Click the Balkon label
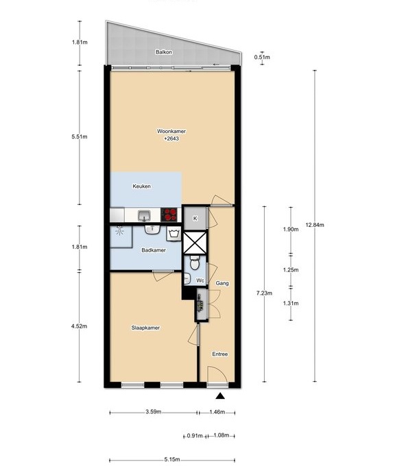click(x=164, y=52)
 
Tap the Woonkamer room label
click(x=171, y=132)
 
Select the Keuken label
click(x=141, y=186)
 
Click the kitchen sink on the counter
click(x=145, y=216)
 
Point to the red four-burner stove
click(x=169, y=215)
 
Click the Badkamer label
click(x=154, y=251)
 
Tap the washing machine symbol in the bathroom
click(x=173, y=234)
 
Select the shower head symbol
click(x=120, y=230)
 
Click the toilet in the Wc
click(x=194, y=263)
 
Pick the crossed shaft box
click(x=195, y=243)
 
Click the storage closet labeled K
click(x=195, y=218)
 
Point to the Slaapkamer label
click(x=145, y=328)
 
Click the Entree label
click(x=219, y=354)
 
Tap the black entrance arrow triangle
click(x=220, y=396)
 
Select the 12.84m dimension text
click(x=315, y=225)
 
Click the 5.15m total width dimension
click(x=172, y=459)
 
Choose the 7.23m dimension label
click(x=264, y=293)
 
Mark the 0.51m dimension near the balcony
click(x=262, y=57)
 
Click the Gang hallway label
click(x=222, y=284)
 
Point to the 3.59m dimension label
click(x=154, y=412)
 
